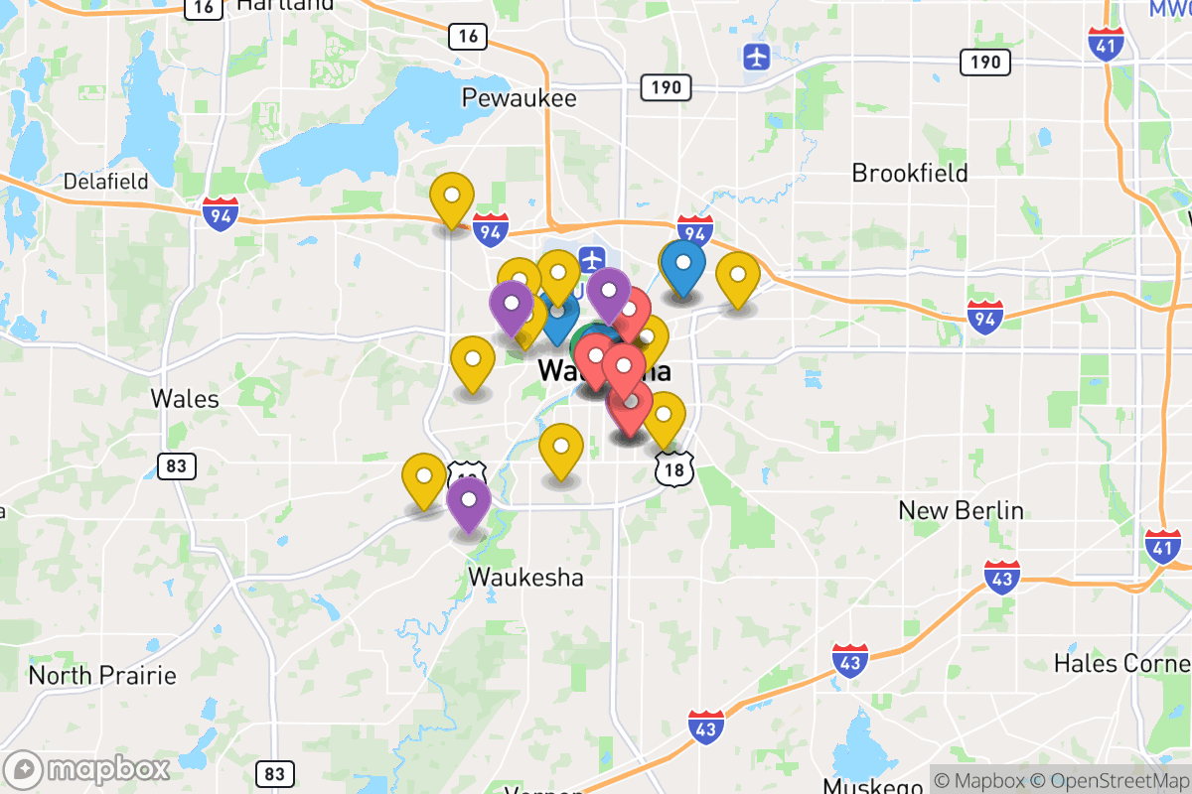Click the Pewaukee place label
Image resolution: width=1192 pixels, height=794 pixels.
(x=519, y=98)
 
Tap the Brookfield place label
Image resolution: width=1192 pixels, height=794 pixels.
(x=909, y=173)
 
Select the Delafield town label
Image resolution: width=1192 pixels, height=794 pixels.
(x=105, y=182)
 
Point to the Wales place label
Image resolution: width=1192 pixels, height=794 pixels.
(x=185, y=398)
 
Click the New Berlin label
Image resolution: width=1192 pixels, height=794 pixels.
(x=961, y=510)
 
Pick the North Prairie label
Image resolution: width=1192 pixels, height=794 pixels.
(x=102, y=676)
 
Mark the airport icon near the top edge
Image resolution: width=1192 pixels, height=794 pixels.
(x=757, y=57)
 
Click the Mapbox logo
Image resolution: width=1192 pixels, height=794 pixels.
(x=87, y=769)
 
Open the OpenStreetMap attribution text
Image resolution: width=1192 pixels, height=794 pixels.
(x=1110, y=780)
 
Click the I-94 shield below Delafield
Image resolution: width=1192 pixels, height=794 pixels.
(x=220, y=213)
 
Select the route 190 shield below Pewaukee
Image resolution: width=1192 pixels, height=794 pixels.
(x=666, y=87)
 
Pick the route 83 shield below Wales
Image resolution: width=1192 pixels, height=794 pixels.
(x=176, y=465)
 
